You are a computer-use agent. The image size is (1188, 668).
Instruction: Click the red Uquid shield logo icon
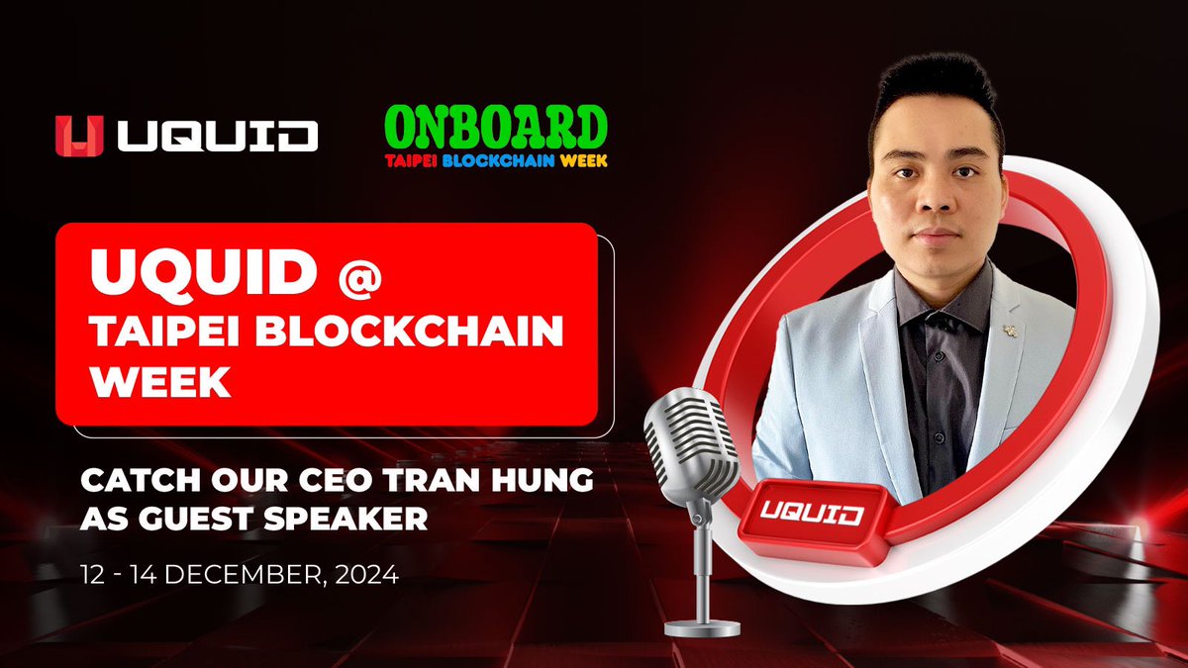pos(79,136)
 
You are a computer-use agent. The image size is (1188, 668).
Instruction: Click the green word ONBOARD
pos(496,128)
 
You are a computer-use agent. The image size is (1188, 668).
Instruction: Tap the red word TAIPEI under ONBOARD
pos(411,160)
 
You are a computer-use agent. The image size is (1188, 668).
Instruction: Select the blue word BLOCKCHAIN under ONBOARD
pos(499,160)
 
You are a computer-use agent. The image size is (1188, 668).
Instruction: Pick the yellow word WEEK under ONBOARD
pos(584,160)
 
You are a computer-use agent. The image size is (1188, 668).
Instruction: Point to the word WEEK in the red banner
pos(160,382)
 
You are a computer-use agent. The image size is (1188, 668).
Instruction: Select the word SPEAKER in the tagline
pos(346,519)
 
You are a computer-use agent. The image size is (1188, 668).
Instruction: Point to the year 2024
pos(367,575)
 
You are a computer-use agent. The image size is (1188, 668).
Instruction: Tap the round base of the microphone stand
pos(702,628)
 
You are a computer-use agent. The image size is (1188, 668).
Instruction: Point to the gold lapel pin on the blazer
pos(1010,332)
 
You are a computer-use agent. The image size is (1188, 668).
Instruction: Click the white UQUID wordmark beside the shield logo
pos(218,137)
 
